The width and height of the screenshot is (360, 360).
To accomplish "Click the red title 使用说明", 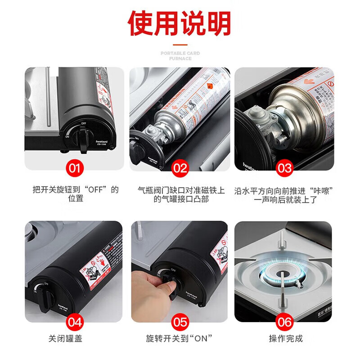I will (x=180, y=23).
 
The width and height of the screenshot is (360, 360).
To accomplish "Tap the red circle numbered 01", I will (x=75, y=168).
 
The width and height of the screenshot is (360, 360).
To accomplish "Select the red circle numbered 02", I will (x=180, y=168).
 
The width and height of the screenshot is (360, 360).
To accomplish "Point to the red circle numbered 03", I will (x=284, y=168).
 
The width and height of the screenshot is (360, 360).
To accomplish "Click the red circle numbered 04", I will (x=75, y=322).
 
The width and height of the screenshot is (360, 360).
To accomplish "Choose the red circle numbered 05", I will (x=180, y=322).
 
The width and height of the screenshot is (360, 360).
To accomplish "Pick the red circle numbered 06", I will (x=284, y=322).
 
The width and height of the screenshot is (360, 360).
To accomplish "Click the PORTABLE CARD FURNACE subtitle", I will (x=180, y=56).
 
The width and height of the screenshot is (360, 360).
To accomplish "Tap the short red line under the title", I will (x=180, y=45).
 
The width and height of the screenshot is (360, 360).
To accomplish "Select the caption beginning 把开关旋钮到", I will (x=76, y=193).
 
